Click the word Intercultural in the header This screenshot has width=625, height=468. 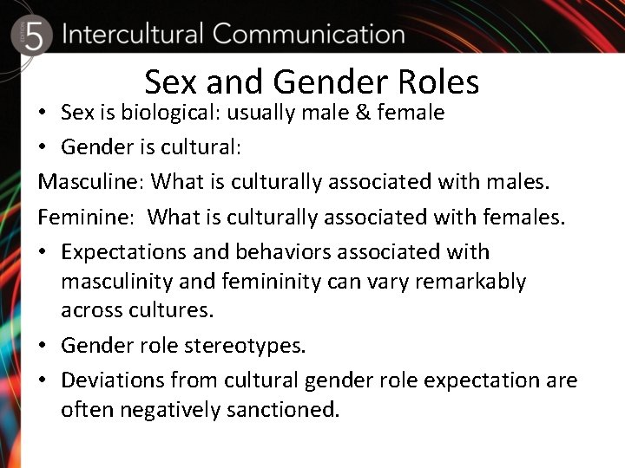pyautogui.click(x=132, y=35)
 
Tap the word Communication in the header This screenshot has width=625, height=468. pyautogui.click(x=308, y=35)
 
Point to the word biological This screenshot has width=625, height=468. pyautogui.click(x=171, y=113)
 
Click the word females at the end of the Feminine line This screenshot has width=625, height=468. pyautogui.click(x=529, y=217)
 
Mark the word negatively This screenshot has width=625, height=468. pyautogui.click(x=169, y=409)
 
